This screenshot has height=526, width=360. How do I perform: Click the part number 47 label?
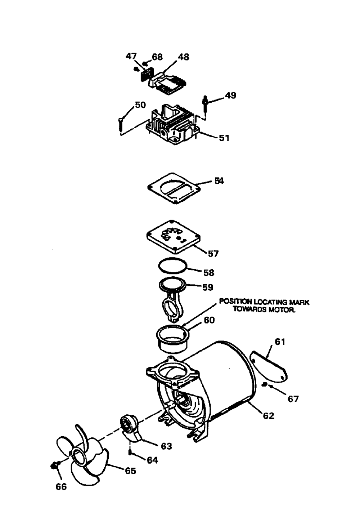coord(131,56)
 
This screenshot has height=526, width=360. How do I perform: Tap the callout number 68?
coord(157,57)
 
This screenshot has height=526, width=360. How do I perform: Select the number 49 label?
coord(230,95)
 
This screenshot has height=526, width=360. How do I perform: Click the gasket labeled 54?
coord(174,188)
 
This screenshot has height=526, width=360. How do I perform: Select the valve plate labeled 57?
coord(174,237)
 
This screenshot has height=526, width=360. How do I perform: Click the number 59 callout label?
coord(207,287)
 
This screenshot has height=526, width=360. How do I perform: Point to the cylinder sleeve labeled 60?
coord(172,339)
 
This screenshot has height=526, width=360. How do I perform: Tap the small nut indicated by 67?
coord(264,384)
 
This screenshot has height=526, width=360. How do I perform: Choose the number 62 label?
coord(269,416)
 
